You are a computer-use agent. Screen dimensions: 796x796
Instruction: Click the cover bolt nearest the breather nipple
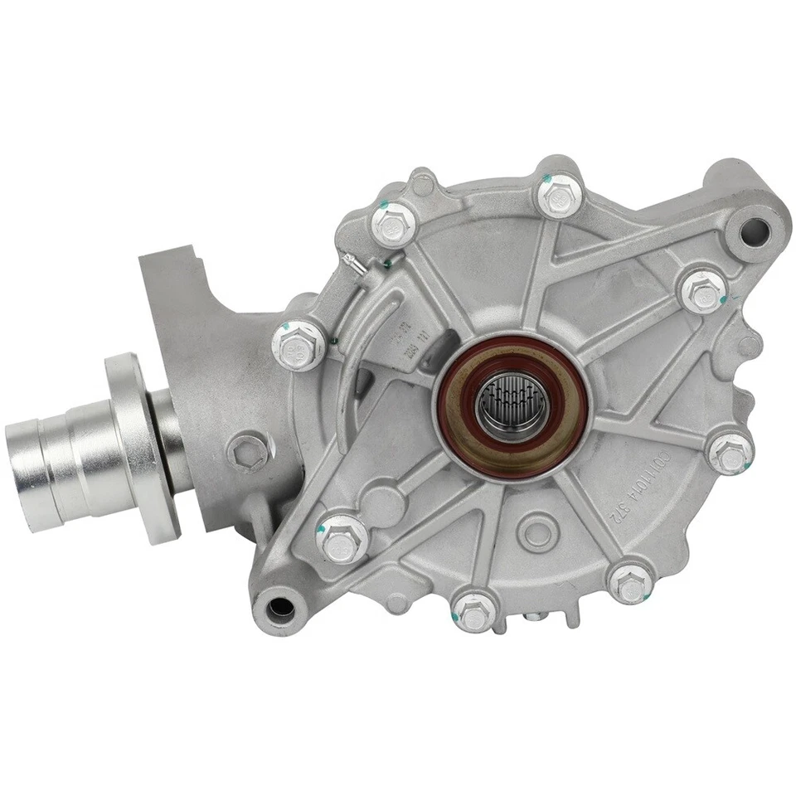pos(389,222)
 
